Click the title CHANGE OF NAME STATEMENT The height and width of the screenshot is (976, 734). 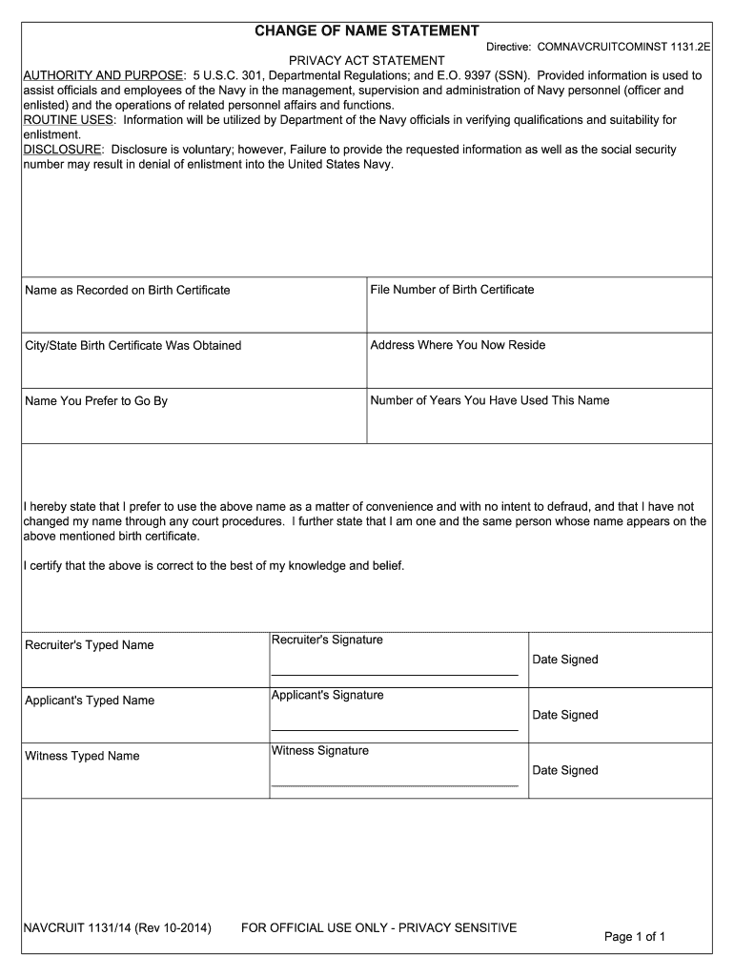[x=366, y=31]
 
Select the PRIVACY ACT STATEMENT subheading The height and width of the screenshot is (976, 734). [x=367, y=61]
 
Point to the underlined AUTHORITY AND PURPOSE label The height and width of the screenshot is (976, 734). [x=103, y=75]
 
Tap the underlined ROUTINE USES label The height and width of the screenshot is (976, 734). [x=69, y=120]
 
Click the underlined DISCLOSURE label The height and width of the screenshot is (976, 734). [x=62, y=150]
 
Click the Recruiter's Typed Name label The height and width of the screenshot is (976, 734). [x=89, y=645]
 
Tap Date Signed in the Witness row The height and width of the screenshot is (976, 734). [x=565, y=770]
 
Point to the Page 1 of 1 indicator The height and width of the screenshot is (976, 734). [x=635, y=937]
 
